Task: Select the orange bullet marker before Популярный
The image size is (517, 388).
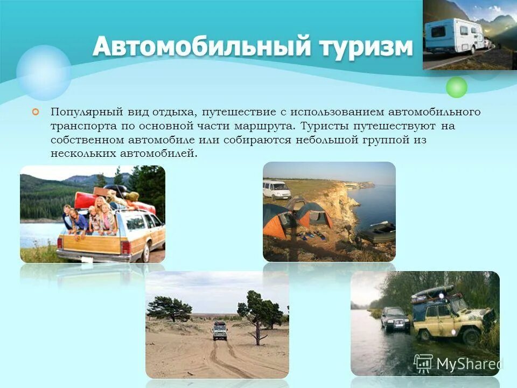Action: point(36,112)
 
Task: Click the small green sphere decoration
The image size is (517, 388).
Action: point(457,87)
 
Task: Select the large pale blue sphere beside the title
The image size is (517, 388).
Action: point(44,72)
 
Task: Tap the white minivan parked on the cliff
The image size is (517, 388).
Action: point(276,189)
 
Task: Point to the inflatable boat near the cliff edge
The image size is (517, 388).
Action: point(376,232)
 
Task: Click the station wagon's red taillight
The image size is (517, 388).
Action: point(125,246)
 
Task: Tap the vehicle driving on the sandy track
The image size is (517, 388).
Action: point(219,330)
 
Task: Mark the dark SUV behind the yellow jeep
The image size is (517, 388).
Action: point(395,318)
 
